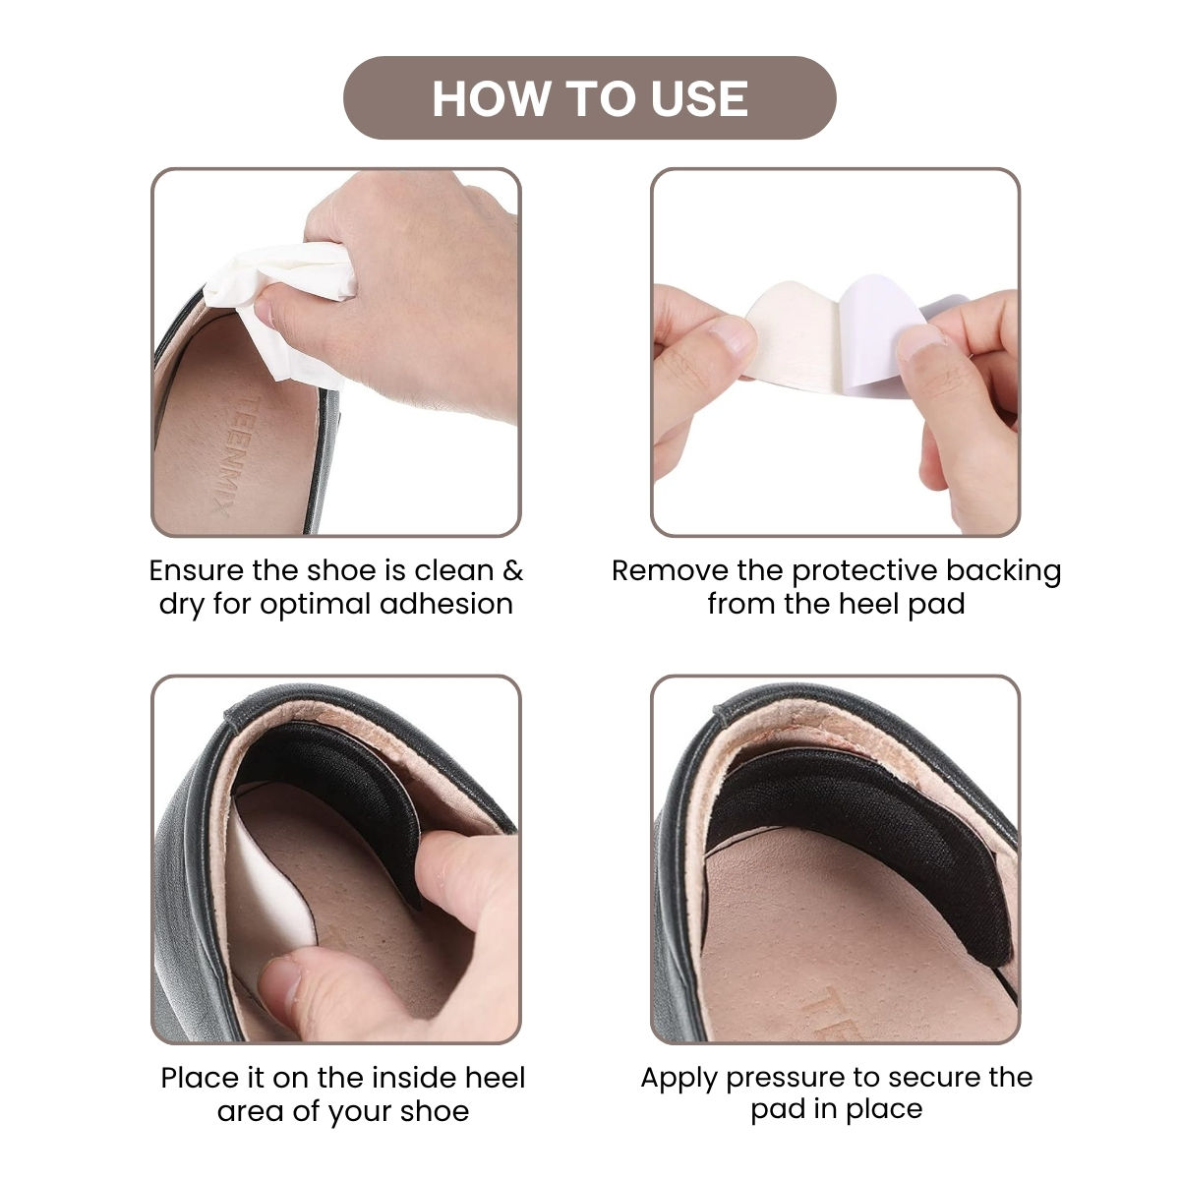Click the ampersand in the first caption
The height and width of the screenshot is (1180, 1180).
[x=512, y=570]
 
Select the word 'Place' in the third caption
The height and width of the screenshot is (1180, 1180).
[x=199, y=1078]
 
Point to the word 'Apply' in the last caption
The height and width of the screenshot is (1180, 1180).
[x=678, y=1078]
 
